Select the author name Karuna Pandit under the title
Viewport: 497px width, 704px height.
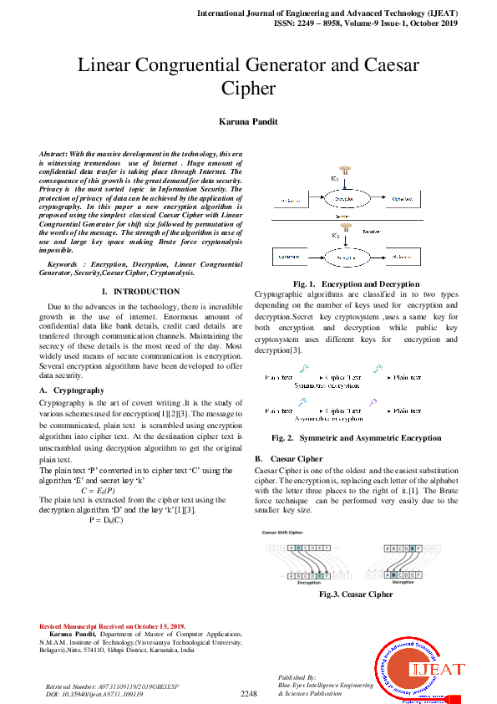248,121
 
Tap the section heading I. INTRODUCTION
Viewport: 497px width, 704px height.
140,292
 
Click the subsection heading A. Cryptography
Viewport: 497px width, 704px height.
72,390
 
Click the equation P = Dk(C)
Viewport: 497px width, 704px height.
106,520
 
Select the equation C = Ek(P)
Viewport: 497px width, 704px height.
98,490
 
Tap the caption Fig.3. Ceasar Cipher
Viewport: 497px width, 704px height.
356,594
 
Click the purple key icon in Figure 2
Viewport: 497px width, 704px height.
373,401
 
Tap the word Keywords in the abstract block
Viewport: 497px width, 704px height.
67,264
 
